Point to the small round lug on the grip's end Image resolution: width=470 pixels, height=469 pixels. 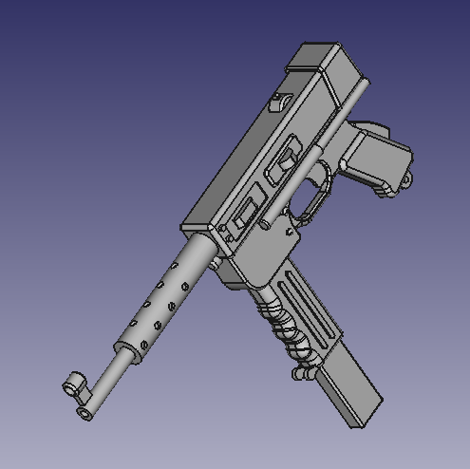click(x=408, y=177)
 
